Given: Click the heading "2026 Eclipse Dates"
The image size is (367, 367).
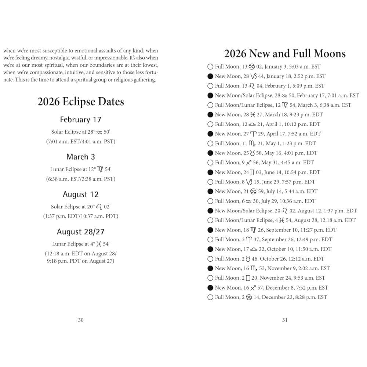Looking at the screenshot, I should pyautogui.click(x=81, y=102).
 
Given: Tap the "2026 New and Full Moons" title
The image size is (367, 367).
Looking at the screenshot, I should pyautogui.click(x=285, y=54).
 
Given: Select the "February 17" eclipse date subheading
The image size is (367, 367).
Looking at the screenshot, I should pyautogui.click(x=81, y=120).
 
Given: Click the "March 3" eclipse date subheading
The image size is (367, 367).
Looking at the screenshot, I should pyautogui.click(x=81, y=157).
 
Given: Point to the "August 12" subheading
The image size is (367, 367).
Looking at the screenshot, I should pyautogui.click(x=81, y=194).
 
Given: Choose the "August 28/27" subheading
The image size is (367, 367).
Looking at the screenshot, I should pyautogui.click(x=81, y=232).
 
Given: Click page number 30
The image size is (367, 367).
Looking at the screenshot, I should pyautogui.click(x=81, y=320).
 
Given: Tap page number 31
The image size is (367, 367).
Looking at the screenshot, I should pyautogui.click(x=285, y=320).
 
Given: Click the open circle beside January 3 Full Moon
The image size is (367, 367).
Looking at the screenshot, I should pyautogui.click(x=210, y=67).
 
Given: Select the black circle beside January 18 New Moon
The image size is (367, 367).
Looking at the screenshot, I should pyautogui.click(x=210, y=76).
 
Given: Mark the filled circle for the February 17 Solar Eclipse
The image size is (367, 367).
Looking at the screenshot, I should pyautogui.click(x=210, y=95).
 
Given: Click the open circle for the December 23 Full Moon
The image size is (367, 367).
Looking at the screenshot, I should pyautogui.click(x=210, y=297).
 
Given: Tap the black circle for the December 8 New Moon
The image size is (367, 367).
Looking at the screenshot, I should pyautogui.click(x=210, y=288).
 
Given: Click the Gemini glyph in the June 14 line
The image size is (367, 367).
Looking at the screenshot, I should pyautogui.click(x=252, y=172).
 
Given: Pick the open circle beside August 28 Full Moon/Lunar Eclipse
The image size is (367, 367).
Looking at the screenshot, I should pyautogui.click(x=210, y=220).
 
